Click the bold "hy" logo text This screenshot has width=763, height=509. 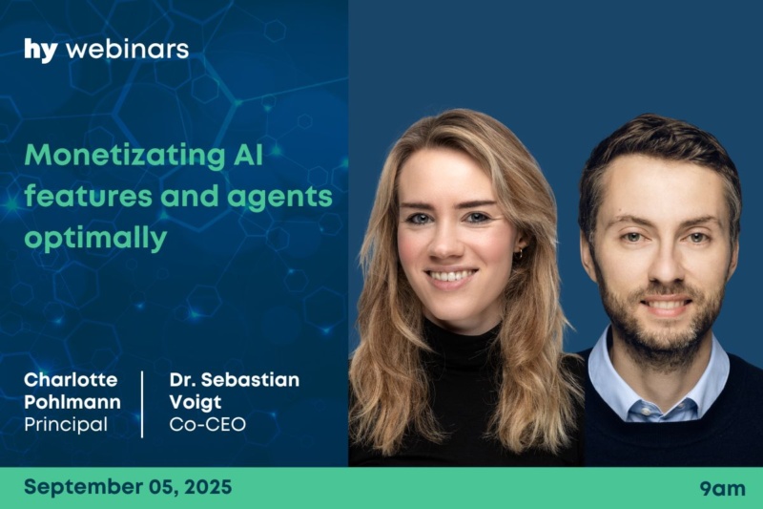point(41,51)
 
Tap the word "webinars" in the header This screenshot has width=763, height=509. point(128,50)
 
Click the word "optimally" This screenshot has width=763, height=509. point(95,239)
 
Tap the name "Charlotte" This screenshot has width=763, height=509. point(71,379)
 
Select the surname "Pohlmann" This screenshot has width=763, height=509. point(72,402)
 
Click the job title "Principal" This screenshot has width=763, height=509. point(66,425)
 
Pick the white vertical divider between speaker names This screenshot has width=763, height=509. point(142,404)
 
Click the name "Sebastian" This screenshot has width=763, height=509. point(250,379)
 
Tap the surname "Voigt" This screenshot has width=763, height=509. point(196,402)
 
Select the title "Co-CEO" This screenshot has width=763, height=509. point(207,424)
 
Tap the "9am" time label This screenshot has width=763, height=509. point(723,489)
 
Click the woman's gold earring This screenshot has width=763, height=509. point(519,252)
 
